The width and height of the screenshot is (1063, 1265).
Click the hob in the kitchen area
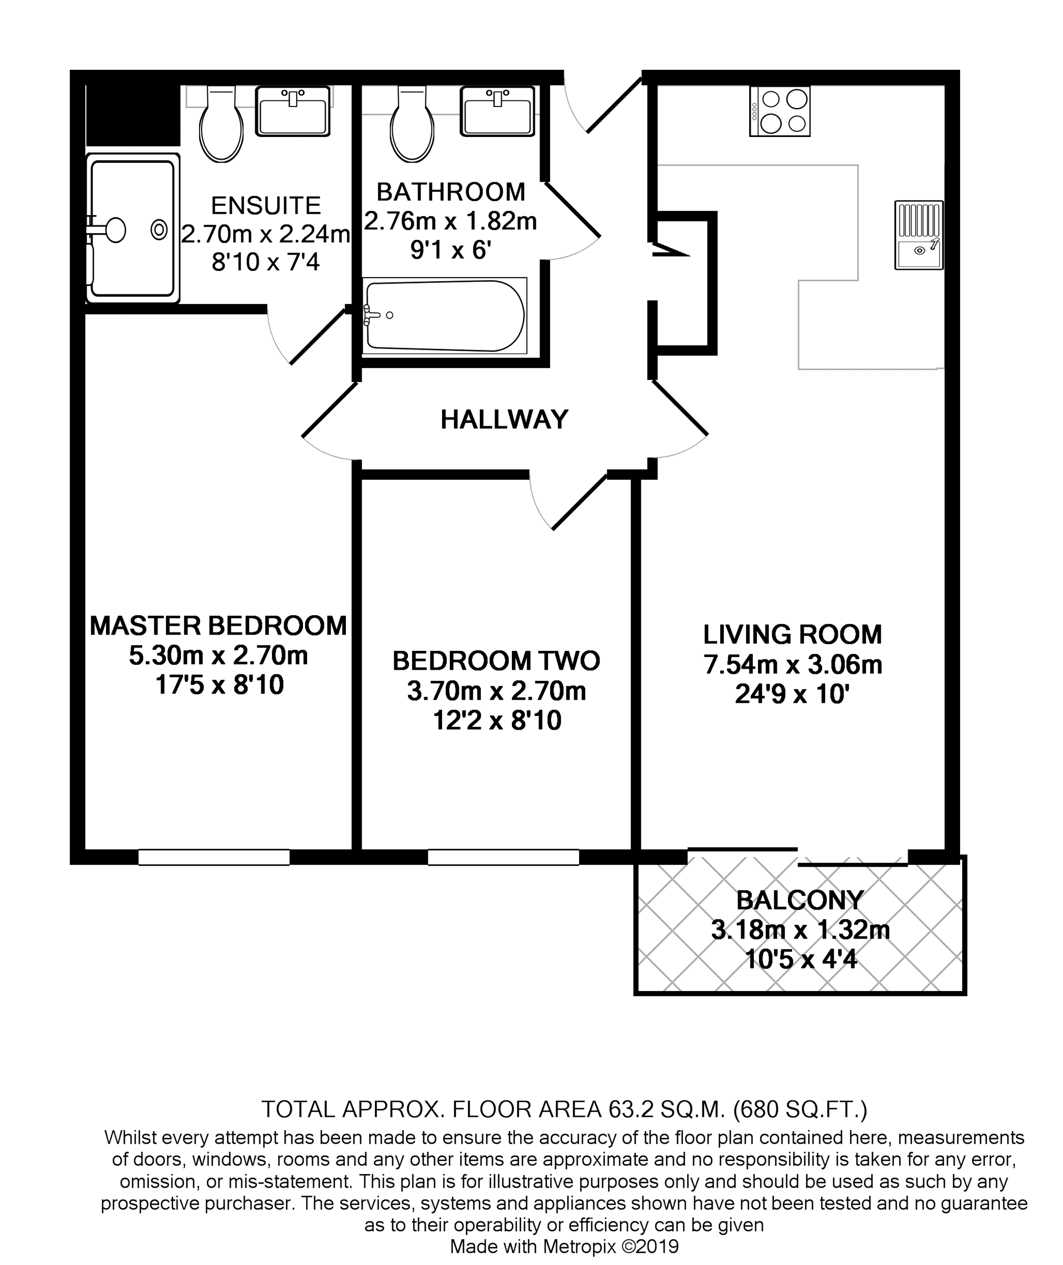pyautogui.click(x=780, y=111)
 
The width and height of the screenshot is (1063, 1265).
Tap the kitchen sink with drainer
pyautogui.click(x=918, y=235)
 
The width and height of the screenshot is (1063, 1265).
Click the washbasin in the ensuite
pyautogui.click(x=293, y=111)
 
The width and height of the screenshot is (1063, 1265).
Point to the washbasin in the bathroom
pyautogui.click(x=497, y=111)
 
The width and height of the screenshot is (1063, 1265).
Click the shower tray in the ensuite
pyautogui.click(x=133, y=228)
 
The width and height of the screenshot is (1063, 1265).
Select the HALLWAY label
pyautogui.click(x=504, y=419)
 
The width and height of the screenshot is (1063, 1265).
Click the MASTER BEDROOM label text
pyautogui.click(x=218, y=626)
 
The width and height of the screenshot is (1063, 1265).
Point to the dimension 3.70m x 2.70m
pyautogui.click(x=497, y=691)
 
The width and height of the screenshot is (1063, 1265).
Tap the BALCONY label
pyautogui.click(x=799, y=900)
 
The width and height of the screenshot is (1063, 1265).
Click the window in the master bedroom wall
pyautogui.click(x=214, y=857)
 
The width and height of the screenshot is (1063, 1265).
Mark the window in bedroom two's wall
pyautogui.click(x=504, y=857)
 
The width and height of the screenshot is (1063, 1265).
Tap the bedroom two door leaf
pyautogui.click(x=580, y=502)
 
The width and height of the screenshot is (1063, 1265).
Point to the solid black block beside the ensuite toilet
pyautogui.click(x=133, y=114)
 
